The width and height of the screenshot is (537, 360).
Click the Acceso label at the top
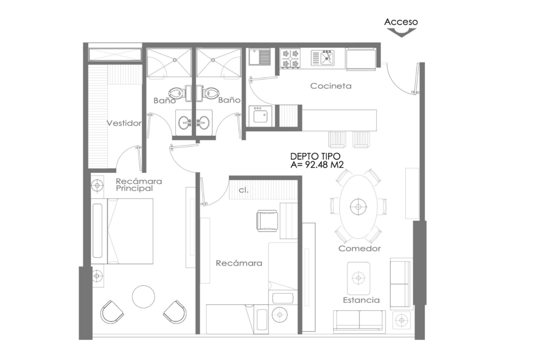coord(401,22)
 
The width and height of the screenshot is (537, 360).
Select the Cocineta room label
coord(331,86)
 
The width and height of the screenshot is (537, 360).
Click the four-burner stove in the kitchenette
coord(291,58)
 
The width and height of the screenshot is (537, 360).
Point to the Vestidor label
coord(124,123)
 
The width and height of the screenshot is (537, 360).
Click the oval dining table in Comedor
coord(358,206)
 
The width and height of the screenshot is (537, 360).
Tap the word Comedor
coord(359,249)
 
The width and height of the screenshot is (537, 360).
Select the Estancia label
coord(361,300)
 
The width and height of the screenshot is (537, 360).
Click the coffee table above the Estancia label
coord(358,278)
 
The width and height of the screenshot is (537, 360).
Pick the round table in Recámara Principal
coord(144,297)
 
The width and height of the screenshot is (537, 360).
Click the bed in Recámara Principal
coord(122,231)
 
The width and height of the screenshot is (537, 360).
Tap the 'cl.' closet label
coord(244,190)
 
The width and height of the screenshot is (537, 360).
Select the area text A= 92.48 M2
coord(317,165)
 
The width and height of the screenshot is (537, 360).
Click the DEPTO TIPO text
coord(315,156)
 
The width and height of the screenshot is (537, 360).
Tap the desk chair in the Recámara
coord(267,221)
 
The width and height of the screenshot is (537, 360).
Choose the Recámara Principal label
coord(139,185)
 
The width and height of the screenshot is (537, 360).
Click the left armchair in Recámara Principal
coord(112,312)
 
